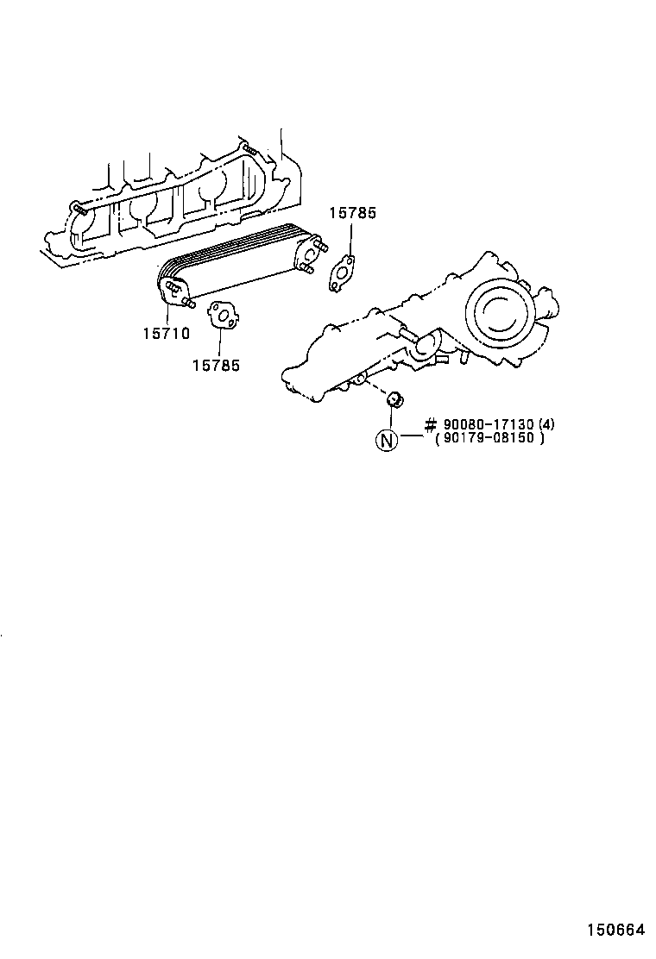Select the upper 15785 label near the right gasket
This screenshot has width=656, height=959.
tap(351, 213)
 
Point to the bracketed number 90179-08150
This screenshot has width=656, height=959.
tap(489, 438)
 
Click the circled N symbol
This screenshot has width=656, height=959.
tap(386, 440)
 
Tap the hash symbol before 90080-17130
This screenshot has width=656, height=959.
tap(431, 424)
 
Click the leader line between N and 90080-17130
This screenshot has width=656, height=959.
tap(410, 436)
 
